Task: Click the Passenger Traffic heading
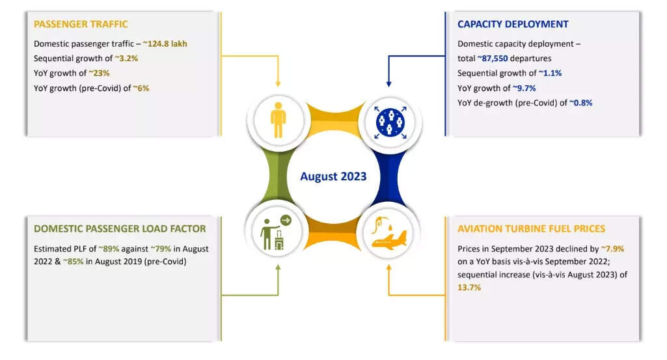[x=81, y=24]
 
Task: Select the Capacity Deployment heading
[x=513, y=24]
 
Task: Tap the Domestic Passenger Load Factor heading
[x=120, y=228]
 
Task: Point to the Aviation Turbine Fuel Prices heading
[x=531, y=228]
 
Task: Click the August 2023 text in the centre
[x=333, y=176]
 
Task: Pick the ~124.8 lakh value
[x=165, y=44]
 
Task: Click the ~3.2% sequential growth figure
[x=126, y=59]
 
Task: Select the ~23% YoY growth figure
[x=99, y=73]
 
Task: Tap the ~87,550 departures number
[x=492, y=59]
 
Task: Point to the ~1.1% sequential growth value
[x=550, y=73]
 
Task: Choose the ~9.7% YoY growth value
[x=524, y=88]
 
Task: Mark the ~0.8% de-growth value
[x=580, y=103]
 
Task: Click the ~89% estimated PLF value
[x=109, y=249]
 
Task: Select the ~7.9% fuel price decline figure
[x=612, y=249]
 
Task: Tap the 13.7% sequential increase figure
[x=469, y=287]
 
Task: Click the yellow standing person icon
[x=279, y=120]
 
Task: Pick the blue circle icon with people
[x=390, y=122]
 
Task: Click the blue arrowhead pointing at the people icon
[x=388, y=84]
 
